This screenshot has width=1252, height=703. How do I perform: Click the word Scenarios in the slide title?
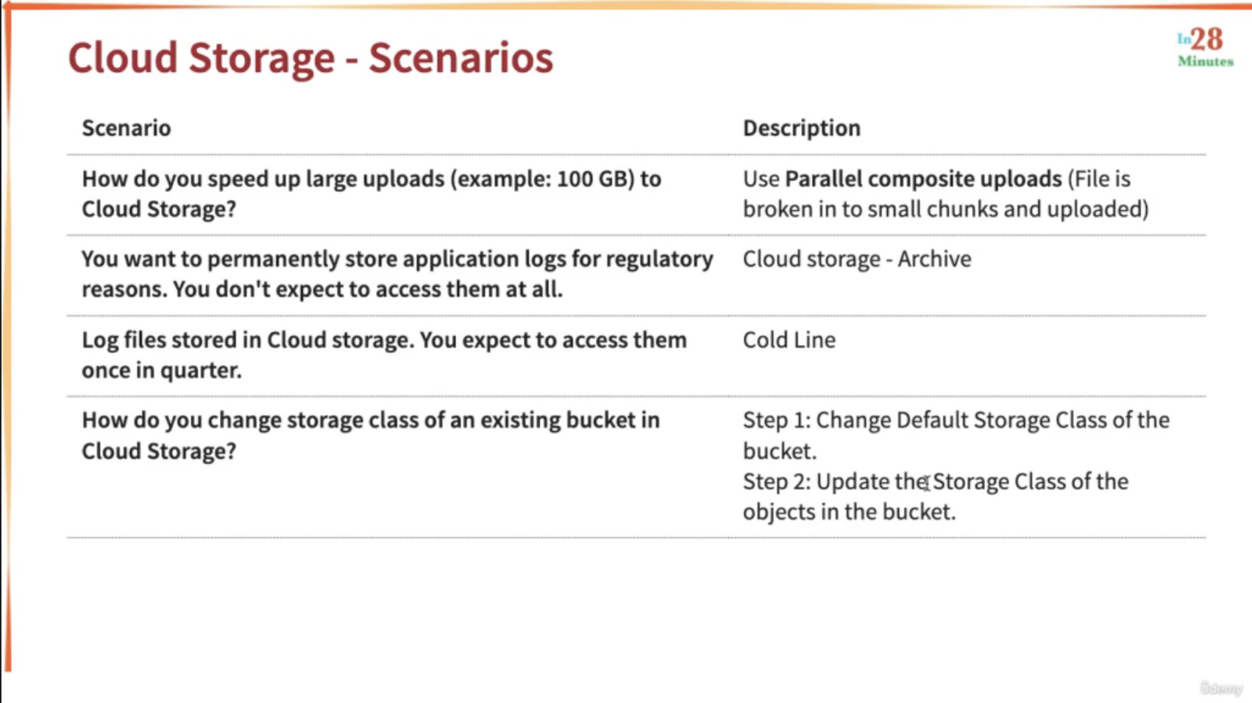[x=461, y=57]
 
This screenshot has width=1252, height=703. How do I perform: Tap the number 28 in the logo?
[x=1206, y=39]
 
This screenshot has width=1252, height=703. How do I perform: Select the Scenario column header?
[x=127, y=128]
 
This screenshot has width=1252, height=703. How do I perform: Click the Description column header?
[x=802, y=129]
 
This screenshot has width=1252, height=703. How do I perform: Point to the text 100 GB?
[x=595, y=179]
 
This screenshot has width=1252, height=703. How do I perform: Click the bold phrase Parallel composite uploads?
[x=923, y=179]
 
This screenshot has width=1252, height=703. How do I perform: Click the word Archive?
[x=934, y=259]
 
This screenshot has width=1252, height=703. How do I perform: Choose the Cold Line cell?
[x=789, y=340]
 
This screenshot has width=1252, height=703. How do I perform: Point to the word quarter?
[x=201, y=371]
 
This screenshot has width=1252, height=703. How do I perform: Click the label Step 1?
[x=777, y=420]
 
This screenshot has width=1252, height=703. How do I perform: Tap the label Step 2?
[x=777, y=482]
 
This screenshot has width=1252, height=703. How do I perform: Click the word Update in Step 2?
[x=853, y=482]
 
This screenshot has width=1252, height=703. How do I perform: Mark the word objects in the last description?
[x=779, y=512]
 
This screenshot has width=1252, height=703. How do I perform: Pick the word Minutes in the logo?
[x=1206, y=62]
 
